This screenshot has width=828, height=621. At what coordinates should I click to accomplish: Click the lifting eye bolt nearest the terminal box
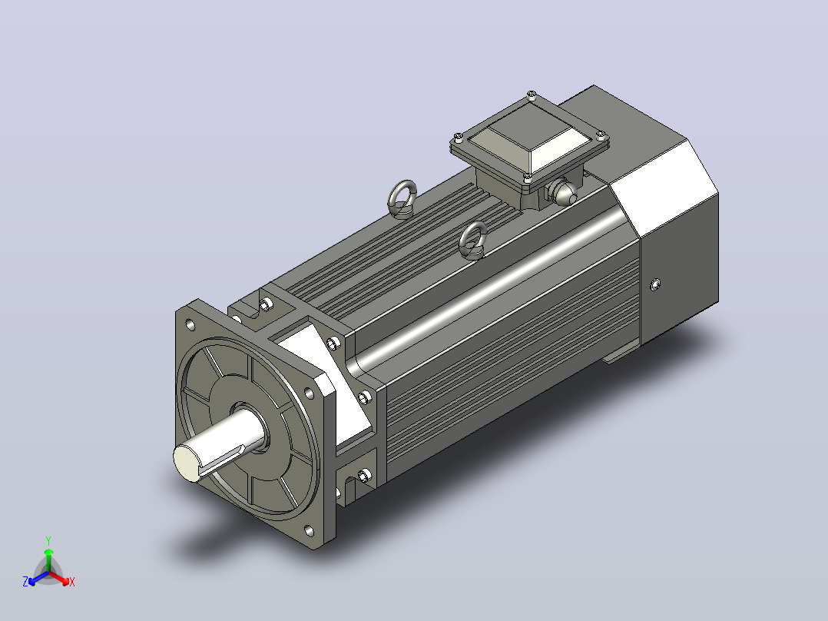point(472,241)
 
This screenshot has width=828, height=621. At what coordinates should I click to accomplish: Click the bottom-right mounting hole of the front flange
point(309,530)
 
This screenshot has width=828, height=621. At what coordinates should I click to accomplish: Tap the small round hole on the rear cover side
point(654,284)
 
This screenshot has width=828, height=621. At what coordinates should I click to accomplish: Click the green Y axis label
point(48,540)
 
